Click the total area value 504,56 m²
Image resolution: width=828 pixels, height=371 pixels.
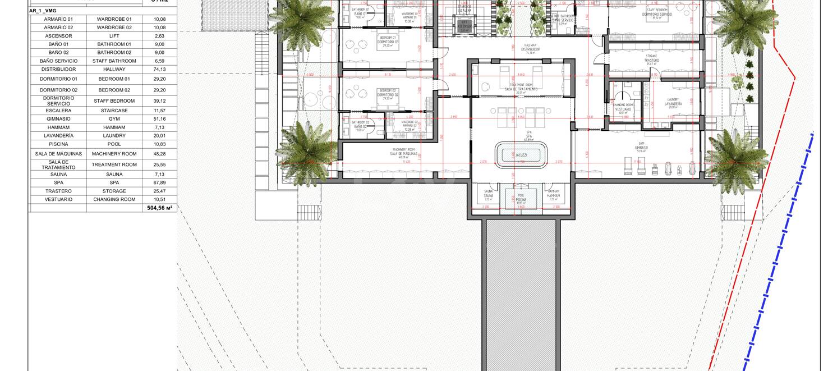coord(159,208)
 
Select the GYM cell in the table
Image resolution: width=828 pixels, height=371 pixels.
coord(114,119)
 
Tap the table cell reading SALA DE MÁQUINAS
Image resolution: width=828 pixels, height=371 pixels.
coord(58,154)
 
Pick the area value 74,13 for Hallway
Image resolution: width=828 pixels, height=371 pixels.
coord(159,70)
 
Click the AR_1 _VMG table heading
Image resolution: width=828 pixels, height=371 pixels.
coord(43,11)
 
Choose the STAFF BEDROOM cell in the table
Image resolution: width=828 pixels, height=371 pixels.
coord(114,101)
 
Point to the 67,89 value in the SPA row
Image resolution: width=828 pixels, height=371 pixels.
coord(159,183)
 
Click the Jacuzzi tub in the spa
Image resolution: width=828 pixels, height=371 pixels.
coord(521,155)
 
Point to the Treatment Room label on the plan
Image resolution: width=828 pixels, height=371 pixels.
coord(521,87)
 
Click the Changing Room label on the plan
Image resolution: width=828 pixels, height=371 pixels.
coord(623,108)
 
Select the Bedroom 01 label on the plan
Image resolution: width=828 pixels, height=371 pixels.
coord(388,40)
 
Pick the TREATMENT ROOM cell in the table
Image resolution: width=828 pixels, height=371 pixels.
coord(114,165)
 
